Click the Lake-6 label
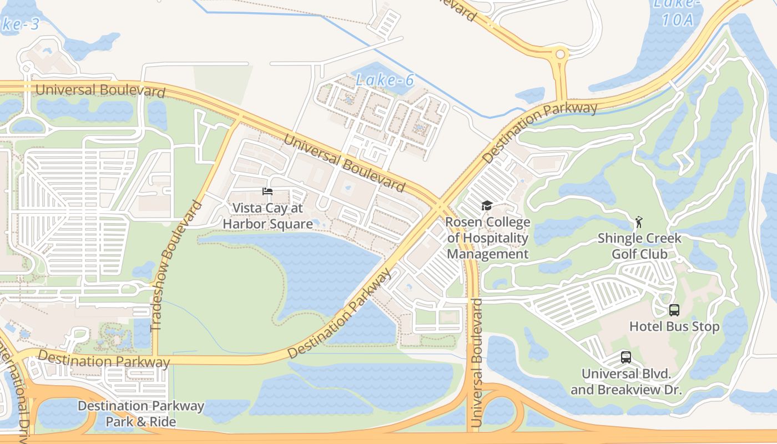[385, 80]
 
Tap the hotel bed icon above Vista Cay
[268, 191]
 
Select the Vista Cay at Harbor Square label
[268, 216]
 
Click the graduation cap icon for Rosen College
[487, 206]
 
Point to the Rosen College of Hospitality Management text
[488, 238]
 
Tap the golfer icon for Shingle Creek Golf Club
[639, 223]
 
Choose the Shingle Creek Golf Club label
[639, 246]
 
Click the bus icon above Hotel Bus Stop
[674, 310]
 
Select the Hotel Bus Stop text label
[674, 326]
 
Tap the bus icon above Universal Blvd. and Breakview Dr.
[626, 357]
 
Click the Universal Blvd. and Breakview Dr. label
[626, 381]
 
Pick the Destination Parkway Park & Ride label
[141, 413]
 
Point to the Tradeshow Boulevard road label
[176, 266]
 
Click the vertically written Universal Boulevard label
[476, 364]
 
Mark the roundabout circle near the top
[560, 54]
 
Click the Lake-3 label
[19, 24]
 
